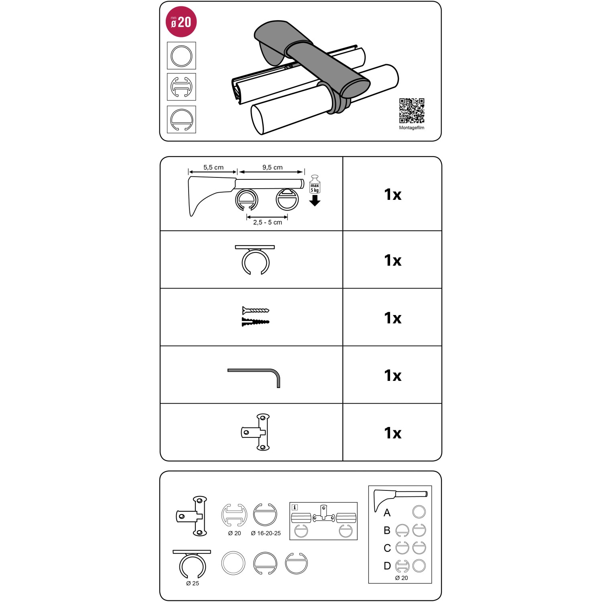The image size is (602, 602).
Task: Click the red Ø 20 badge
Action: pos(181,22)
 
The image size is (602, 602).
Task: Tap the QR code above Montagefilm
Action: pos(412,111)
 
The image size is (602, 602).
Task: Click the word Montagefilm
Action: pos(411,128)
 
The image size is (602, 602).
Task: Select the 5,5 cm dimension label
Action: pos(213,167)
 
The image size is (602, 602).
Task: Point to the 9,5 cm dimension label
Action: pos(273,167)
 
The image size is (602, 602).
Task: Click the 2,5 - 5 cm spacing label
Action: pos(267,222)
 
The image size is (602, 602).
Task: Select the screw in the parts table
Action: pos(256,310)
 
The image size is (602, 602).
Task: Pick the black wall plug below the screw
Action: pos(256,322)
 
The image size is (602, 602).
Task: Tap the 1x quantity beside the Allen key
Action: pos(393,376)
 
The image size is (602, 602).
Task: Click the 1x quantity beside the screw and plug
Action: pos(393,318)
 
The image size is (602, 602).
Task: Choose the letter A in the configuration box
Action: pos(387,513)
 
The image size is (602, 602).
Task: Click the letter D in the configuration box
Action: pos(387,566)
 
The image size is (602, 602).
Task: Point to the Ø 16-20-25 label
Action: pos(266,533)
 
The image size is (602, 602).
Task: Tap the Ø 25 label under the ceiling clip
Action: pos(193,584)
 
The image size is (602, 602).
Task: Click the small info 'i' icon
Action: pos(295,507)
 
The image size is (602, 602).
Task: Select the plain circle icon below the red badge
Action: pos(181,56)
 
